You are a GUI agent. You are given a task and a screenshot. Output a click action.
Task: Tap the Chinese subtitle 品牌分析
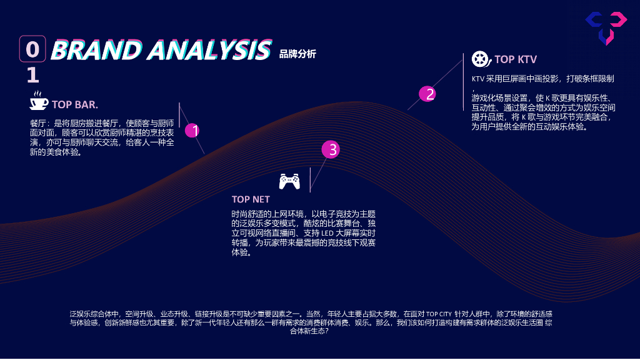tap(297, 54)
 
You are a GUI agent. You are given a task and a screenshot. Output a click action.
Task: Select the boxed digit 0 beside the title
tap(32, 49)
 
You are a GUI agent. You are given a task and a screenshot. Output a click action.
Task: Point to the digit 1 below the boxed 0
tap(32, 76)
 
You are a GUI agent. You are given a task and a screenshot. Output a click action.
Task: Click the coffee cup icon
tap(39, 101)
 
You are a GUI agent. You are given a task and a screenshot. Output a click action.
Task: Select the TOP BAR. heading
tap(75, 104)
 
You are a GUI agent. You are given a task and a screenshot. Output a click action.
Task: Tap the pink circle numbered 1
tap(192, 131)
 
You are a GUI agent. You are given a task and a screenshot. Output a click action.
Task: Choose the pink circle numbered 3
tap(331, 149)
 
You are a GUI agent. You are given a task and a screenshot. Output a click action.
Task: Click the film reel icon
tap(480, 59)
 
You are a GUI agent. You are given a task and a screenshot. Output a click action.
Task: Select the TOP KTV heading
tap(516, 59)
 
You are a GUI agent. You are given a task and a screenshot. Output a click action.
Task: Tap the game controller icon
tap(289, 181)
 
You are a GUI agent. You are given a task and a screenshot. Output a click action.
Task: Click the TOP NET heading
tap(251, 199)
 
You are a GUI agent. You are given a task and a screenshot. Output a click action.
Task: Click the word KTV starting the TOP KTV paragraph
tap(478, 79)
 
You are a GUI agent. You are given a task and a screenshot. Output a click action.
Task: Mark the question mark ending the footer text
tap(327, 331)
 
